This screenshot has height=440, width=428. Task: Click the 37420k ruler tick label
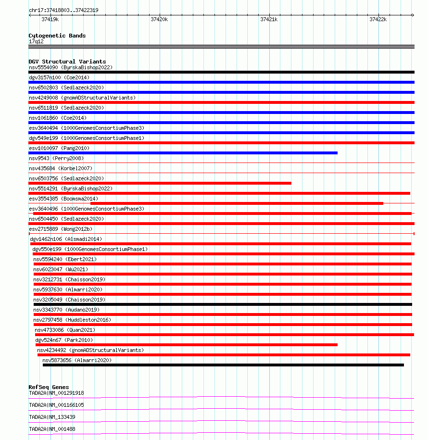point(159,19)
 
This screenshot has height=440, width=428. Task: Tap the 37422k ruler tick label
point(378,19)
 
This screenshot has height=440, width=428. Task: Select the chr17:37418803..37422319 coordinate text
point(63,10)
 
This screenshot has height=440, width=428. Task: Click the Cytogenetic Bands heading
point(57,36)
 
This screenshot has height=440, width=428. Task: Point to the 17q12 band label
point(36,41)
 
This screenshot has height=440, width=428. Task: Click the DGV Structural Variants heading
point(67,62)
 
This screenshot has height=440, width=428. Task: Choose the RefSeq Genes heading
point(49,387)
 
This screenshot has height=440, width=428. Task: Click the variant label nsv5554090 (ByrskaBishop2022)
point(71,67)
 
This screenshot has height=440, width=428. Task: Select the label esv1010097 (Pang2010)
point(59,148)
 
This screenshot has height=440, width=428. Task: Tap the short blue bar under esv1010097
point(183,153)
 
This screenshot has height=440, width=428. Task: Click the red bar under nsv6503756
point(160,183)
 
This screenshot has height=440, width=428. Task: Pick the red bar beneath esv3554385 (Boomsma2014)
point(237,203)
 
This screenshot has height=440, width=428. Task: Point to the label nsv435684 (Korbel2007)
point(61,168)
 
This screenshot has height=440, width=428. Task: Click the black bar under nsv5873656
point(223,365)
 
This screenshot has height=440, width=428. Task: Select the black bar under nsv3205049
point(223,304)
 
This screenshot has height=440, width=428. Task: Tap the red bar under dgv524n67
point(187,345)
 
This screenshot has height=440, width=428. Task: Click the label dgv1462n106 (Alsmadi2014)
point(66,239)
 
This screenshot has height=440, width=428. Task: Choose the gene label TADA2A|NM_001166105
point(56,405)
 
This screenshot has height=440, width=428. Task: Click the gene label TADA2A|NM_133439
point(52,417)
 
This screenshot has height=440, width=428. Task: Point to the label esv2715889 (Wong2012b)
point(61,229)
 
